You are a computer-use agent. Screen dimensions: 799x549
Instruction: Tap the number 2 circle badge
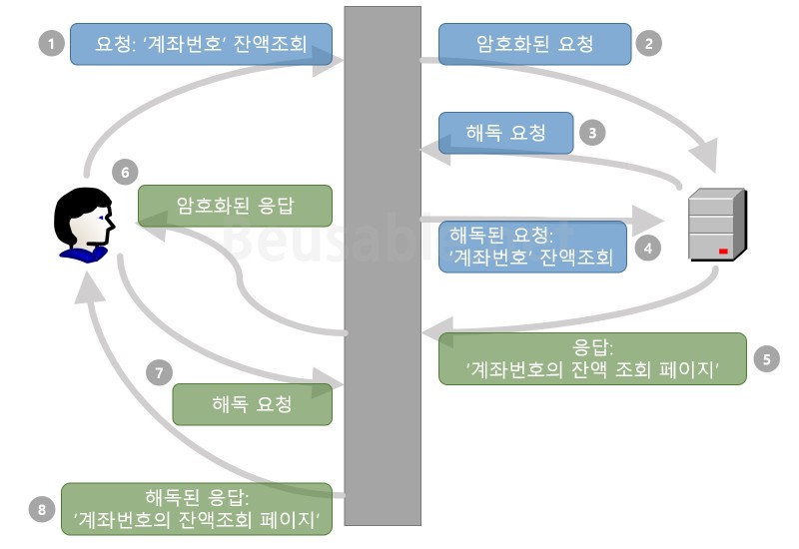[649, 44]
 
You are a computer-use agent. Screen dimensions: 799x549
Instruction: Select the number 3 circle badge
[592, 132]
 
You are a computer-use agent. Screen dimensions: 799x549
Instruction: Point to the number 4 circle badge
[649, 247]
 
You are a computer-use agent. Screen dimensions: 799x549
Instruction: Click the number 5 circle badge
[766, 358]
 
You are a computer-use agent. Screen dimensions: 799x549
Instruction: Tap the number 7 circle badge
[158, 373]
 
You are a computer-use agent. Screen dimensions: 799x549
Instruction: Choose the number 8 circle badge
[42, 509]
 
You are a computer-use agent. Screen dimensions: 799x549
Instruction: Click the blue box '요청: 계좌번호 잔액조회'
[200, 45]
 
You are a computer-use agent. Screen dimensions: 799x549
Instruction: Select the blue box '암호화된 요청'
[534, 44]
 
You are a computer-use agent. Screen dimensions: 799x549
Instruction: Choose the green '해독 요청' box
[252, 404]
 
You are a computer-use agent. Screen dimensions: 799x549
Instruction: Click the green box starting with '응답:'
[592, 358]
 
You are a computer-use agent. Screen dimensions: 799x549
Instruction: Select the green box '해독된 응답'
[196, 509]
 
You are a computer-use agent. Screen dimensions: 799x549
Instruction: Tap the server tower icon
[716, 225]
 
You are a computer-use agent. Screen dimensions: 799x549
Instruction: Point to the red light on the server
[722, 252]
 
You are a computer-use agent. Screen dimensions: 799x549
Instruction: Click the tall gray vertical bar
[382, 270]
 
